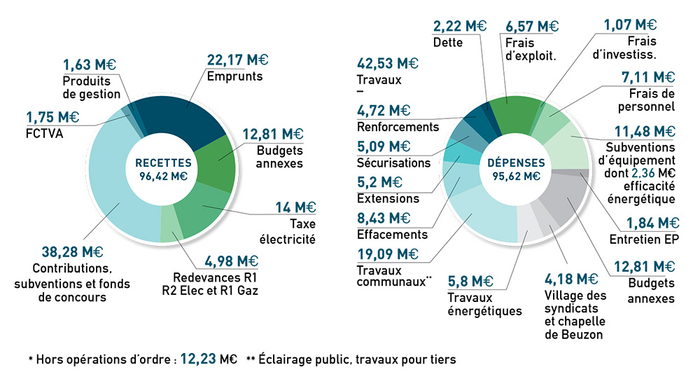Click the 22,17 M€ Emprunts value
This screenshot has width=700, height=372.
coord(237,60)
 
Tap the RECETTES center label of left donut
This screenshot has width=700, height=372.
coord(163,162)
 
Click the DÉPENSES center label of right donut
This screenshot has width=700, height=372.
coord(517,162)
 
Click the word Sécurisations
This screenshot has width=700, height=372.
coord(393,163)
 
